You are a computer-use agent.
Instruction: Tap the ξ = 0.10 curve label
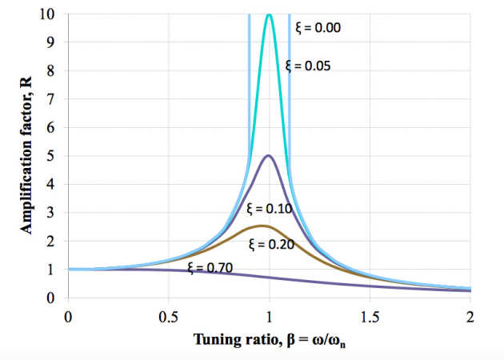pos(270,210)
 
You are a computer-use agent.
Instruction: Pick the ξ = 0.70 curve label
pos(209,267)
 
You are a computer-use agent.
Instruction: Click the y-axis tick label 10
pos(50,14)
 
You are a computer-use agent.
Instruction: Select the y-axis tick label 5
pos(53,155)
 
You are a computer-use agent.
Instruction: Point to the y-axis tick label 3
pos(53,212)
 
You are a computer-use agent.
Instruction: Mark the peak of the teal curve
pos(269,14)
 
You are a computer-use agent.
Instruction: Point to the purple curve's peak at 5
pos(269,155)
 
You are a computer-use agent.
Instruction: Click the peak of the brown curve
pos(262,226)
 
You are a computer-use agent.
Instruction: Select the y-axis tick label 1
pos(53,269)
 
